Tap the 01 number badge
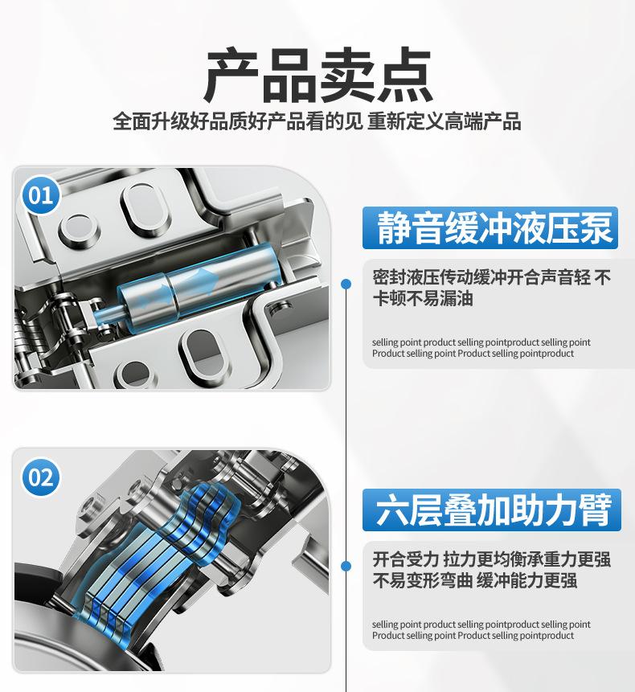41,195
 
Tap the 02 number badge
41,477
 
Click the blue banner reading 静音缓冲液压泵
490,227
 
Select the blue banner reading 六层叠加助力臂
492,510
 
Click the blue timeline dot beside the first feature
346,284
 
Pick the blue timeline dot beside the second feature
346,566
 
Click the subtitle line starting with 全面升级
317,121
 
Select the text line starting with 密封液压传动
492,277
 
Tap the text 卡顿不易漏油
423,299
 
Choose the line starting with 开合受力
492,559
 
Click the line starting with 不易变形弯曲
475,580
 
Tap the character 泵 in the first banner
596,227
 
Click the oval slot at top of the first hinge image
145,207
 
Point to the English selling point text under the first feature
481,348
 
